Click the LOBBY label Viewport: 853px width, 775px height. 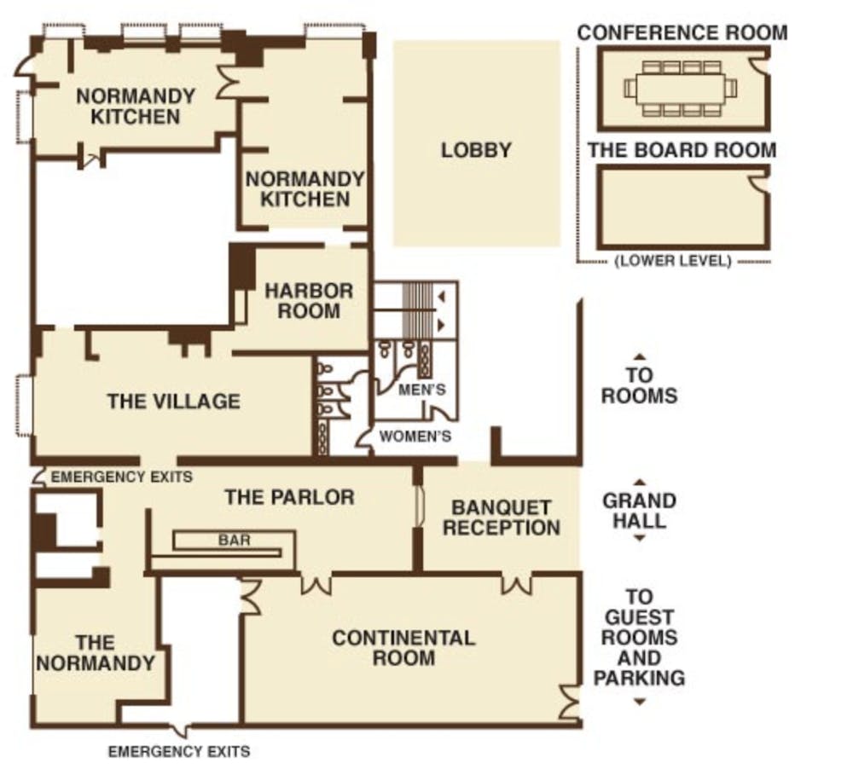tap(476, 150)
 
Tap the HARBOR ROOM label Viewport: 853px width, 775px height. tap(309, 301)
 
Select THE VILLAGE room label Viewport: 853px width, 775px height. tap(173, 402)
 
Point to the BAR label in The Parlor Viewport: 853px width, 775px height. tap(235, 540)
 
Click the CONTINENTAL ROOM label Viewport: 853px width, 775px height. tap(403, 648)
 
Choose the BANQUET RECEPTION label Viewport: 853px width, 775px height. tap(501, 518)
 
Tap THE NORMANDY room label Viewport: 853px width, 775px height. tap(96, 652)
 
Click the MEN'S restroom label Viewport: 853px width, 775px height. tap(422, 390)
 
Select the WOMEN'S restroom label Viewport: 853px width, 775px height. tap(415, 437)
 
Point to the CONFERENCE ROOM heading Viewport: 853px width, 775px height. tap(682, 32)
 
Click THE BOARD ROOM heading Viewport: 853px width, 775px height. tap(682, 150)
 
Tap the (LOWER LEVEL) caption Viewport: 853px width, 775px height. tap(673, 261)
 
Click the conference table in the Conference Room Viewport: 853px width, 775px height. tap(680, 88)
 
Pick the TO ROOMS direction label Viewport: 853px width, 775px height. tap(639, 385)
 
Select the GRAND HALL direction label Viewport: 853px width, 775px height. tap(639, 511)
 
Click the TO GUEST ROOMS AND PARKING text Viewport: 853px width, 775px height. tap(639, 638)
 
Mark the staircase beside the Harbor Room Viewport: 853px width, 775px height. tap(416, 310)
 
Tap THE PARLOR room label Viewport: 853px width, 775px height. tap(289, 497)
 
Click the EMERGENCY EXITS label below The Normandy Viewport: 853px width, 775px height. tap(179, 752)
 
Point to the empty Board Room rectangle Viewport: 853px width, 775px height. tap(684, 207)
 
